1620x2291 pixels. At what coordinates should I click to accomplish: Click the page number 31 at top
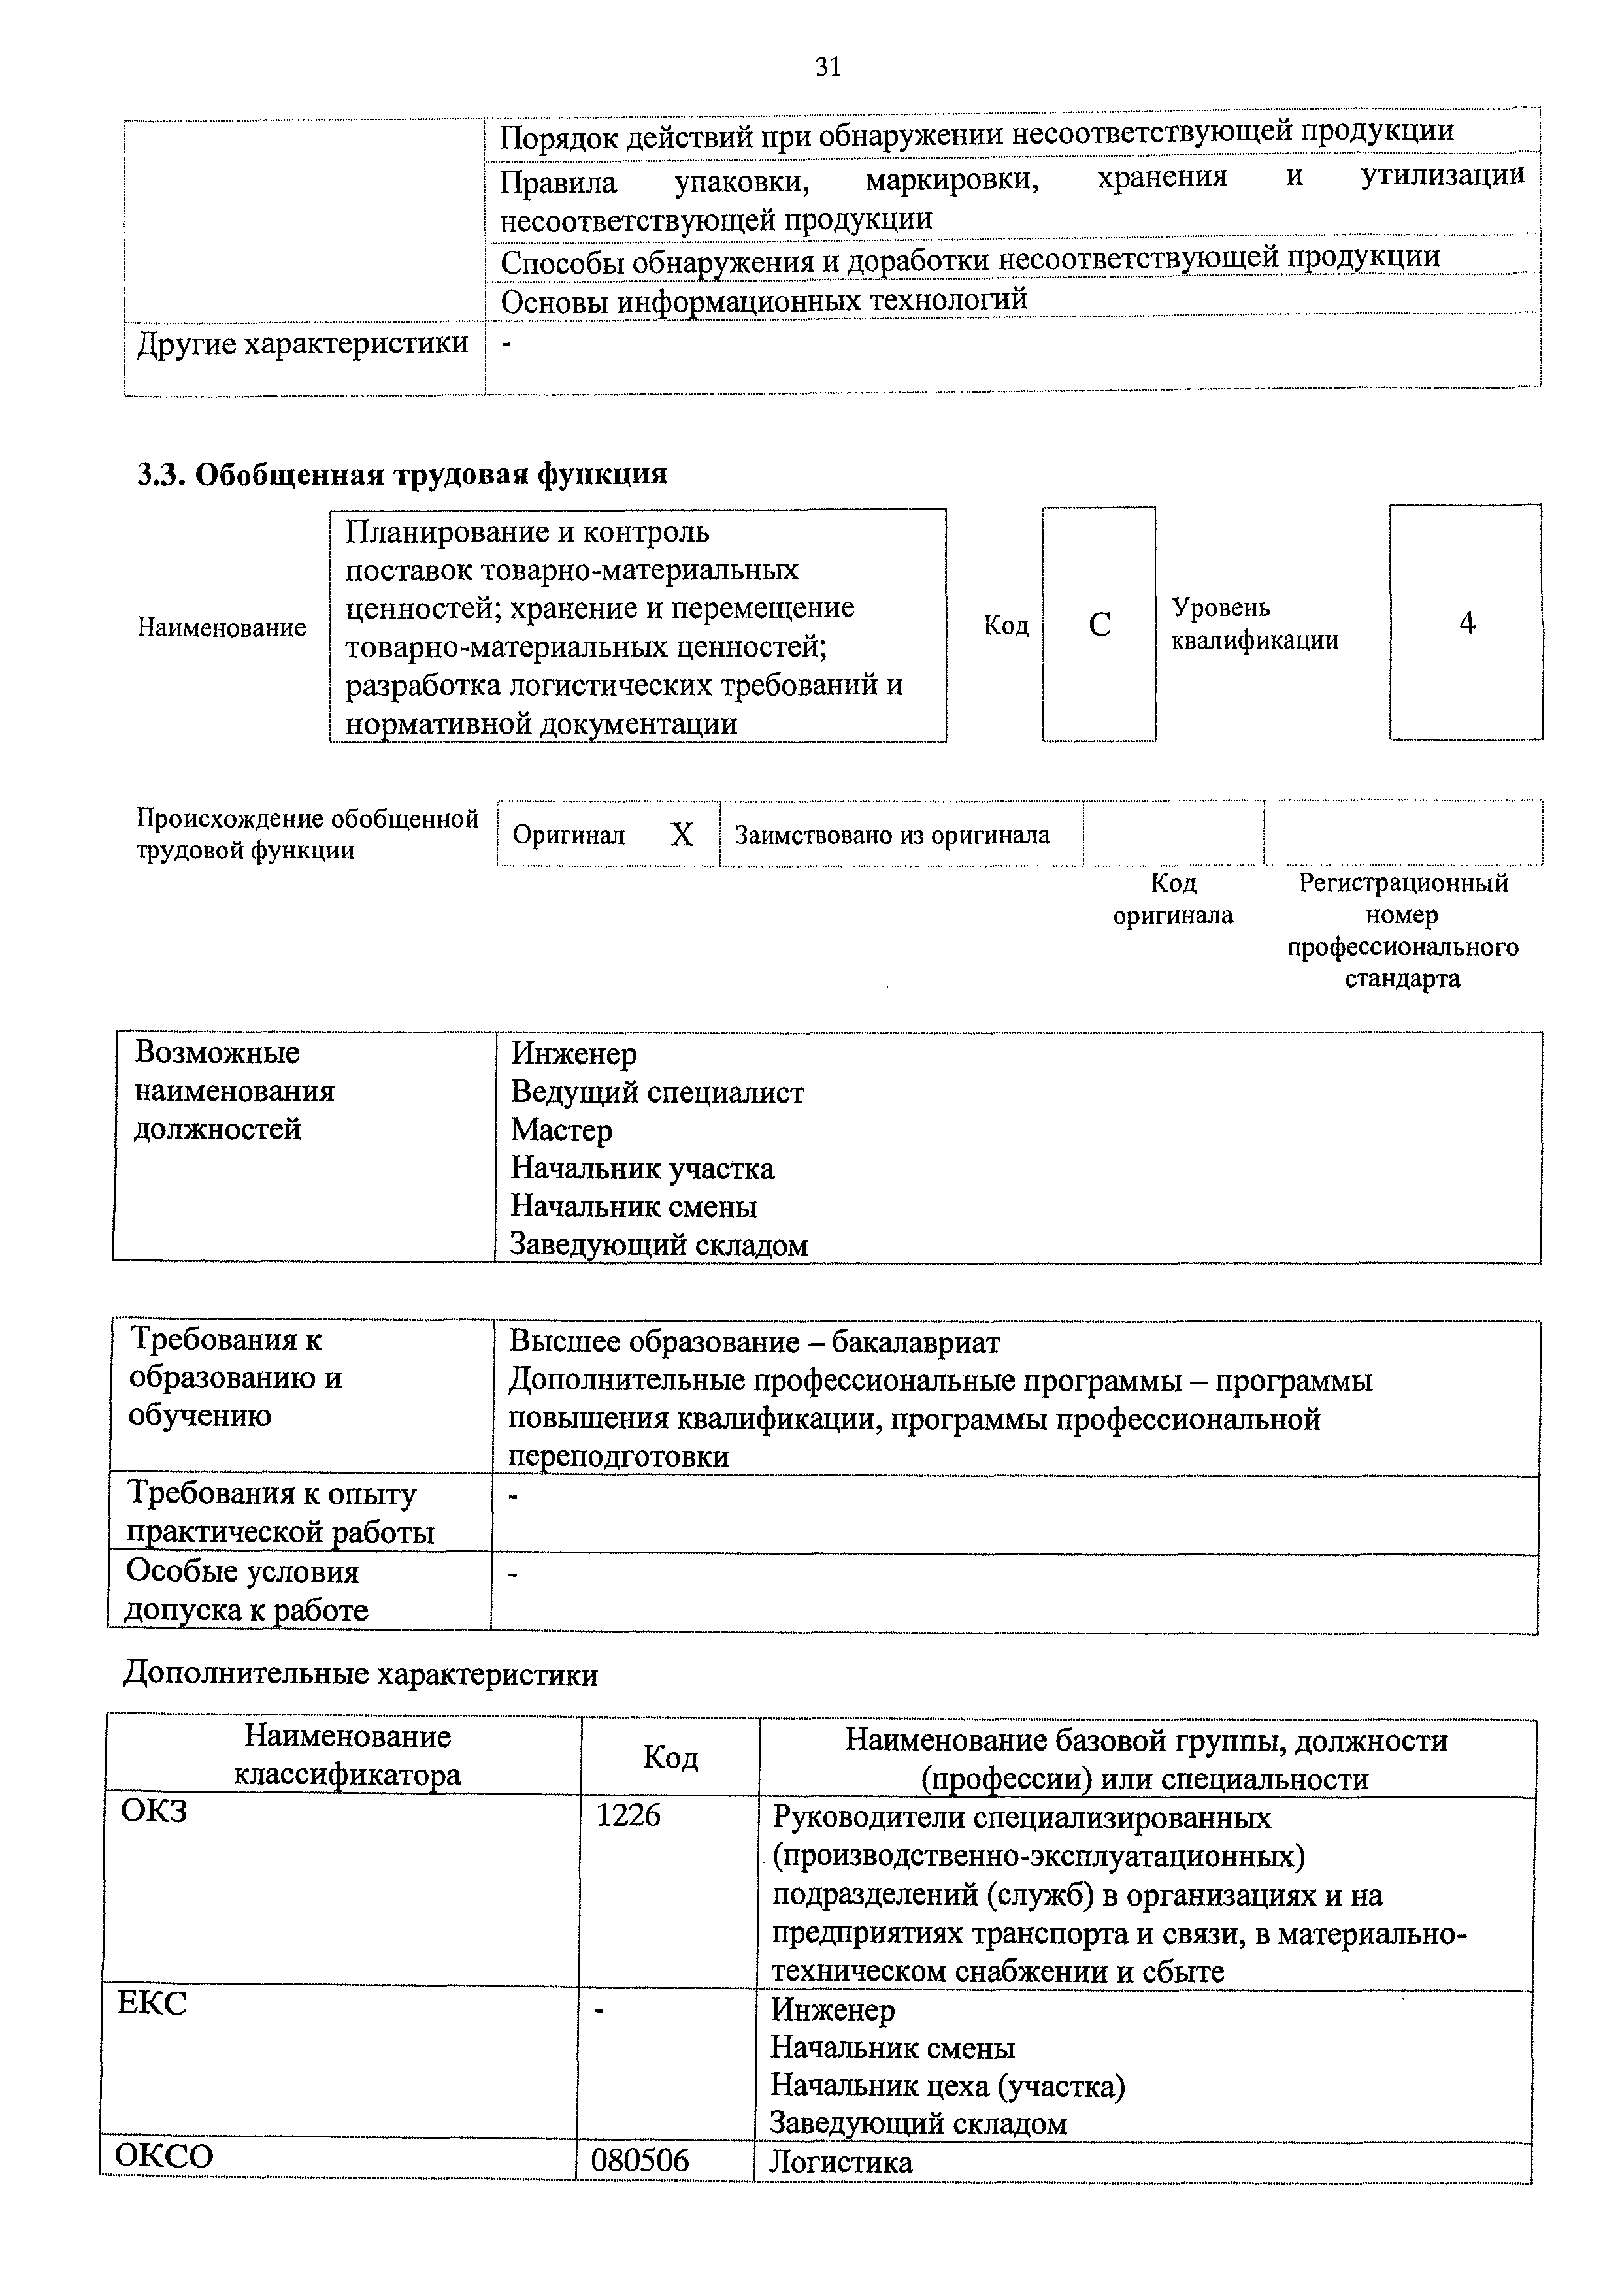click(827, 67)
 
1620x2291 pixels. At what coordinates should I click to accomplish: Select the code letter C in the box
click(1099, 625)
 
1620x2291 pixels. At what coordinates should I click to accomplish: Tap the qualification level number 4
click(1466, 624)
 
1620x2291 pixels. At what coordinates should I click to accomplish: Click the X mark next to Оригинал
click(682, 834)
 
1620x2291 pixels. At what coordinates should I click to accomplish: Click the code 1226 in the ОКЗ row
click(628, 1815)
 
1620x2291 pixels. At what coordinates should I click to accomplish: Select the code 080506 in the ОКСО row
click(640, 2160)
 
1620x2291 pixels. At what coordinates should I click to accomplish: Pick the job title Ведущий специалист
click(657, 1093)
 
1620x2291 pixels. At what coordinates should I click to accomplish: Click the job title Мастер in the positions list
click(561, 1131)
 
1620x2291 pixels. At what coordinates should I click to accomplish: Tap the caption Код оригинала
click(1173, 899)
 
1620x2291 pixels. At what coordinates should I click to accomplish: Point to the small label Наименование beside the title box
click(222, 628)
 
